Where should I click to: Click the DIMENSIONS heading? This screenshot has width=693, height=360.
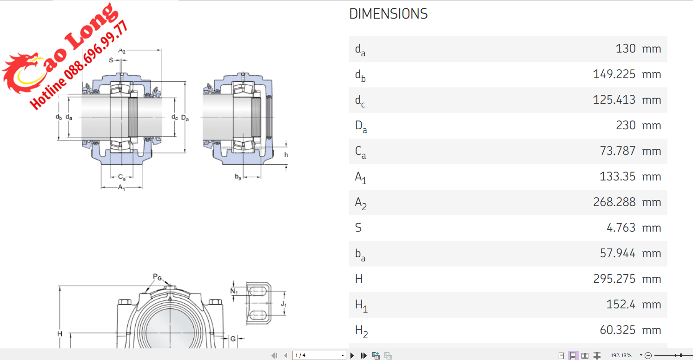388,14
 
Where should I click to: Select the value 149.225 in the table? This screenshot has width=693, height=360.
614,74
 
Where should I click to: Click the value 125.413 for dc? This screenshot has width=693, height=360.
614,100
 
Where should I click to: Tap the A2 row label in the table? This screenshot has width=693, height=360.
361,203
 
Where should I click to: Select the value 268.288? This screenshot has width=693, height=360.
614,202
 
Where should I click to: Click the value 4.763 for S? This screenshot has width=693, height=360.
620,228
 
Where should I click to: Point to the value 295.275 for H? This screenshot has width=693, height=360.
614,279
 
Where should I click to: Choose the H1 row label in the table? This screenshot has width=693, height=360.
361,305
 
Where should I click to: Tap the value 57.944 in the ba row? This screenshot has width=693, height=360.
617,253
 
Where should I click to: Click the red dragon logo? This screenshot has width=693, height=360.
21,74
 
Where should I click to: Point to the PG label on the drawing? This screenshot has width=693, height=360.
158,277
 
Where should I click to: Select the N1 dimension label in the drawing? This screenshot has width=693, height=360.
234,291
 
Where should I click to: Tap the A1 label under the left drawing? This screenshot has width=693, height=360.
121,187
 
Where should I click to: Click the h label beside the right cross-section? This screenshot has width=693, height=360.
286,155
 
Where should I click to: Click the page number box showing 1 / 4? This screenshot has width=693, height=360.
318,355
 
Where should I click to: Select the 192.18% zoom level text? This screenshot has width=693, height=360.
621,355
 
